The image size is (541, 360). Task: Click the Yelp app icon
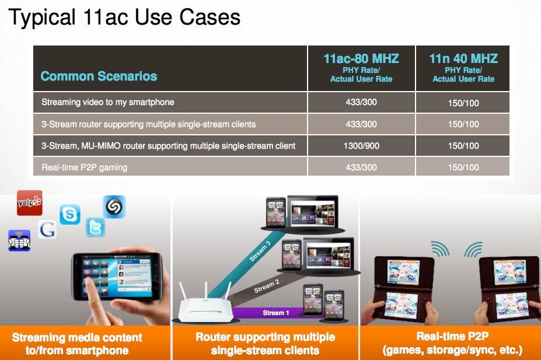[30, 203]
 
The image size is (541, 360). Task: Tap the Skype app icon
[70, 215]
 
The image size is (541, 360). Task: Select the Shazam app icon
[114, 207]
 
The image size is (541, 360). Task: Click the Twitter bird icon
[95, 227]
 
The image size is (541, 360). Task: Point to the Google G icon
[47, 229]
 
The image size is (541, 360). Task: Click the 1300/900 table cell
[361, 146]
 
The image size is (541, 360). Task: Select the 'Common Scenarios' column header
[99, 76]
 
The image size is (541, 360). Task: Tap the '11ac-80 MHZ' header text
[361, 58]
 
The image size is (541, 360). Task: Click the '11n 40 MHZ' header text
[463, 58]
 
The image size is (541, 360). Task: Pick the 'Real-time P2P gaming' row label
[84, 167]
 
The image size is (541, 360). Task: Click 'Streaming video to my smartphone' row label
[107, 102]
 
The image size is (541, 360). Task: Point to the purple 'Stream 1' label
[275, 313]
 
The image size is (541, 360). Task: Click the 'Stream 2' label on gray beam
[266, 286]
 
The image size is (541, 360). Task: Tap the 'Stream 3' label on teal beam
[260, 251]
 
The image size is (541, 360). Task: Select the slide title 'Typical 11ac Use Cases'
[124, 17]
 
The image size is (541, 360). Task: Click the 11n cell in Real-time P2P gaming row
[463, 167]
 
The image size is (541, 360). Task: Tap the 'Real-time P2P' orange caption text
[452, 337]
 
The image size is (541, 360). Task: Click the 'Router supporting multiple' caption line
[265, 337]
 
